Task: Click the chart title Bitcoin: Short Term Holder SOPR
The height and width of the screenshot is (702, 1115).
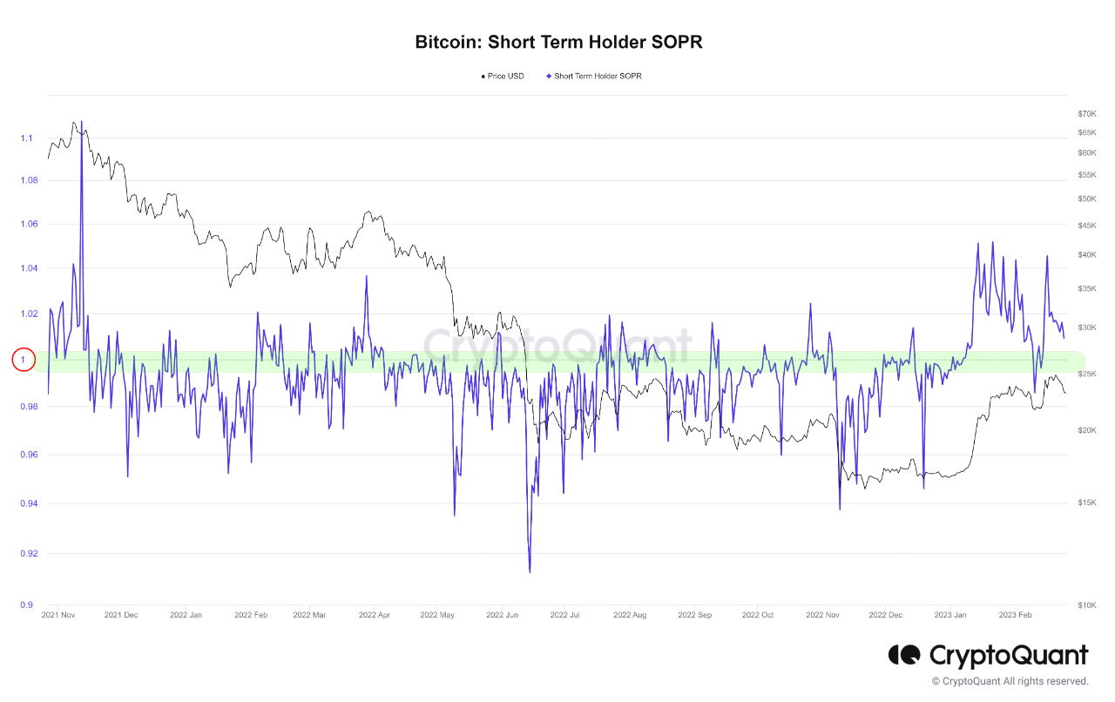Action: coord(558,42)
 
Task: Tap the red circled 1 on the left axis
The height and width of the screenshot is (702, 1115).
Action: coord(24,359)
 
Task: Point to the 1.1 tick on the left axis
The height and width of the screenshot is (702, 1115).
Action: coord(27,138)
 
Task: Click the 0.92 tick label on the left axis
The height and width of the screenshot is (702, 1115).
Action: coord(27,553)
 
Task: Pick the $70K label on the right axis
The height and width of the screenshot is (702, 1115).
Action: coord(1086,114)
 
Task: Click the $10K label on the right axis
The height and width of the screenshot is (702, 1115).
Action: coord(1086,604)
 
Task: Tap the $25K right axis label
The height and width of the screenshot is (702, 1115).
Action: coord(1086,374)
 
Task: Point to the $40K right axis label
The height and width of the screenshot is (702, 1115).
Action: coord(1086,254)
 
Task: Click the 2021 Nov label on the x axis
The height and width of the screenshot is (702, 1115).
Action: coord(59,615)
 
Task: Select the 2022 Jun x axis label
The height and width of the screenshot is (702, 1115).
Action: coord(502,615)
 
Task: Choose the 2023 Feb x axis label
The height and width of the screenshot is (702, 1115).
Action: coord(1015,615)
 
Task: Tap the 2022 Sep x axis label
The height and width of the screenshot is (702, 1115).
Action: coord(694,615)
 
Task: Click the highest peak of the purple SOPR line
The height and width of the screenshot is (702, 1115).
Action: coord(82,122)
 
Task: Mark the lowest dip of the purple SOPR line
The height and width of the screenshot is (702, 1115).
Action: coord(530,572)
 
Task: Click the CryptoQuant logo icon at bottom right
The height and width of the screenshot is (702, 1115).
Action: coord(904,654)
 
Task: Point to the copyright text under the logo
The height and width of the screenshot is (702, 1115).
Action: coord(1010,681)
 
